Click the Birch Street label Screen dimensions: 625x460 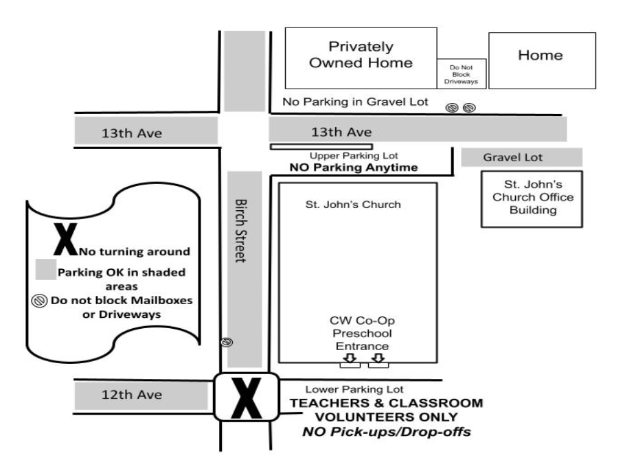(240, 231)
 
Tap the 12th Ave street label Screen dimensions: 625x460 (132, 395)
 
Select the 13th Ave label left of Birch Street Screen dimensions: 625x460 (132, 133)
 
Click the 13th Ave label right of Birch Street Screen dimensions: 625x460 (341, 132)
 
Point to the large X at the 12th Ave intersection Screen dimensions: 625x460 (247, 398)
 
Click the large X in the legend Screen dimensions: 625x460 (65, 239)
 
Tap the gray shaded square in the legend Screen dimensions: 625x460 (46, 269)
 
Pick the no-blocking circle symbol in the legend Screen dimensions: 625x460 (39, 301)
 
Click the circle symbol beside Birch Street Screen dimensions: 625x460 (227, 342)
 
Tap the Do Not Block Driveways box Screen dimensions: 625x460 (461, 73)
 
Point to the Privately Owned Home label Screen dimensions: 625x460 (361, 55)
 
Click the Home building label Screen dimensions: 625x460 (541, 55)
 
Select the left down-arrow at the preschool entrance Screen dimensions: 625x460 (350, 358)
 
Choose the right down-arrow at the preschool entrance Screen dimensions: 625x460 (378, 358)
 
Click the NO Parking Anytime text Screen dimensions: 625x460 (354, 168)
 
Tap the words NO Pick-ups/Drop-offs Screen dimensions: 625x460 (387, 432)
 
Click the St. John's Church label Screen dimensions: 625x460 (353, 205)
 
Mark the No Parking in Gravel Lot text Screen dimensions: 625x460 (355, 102)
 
